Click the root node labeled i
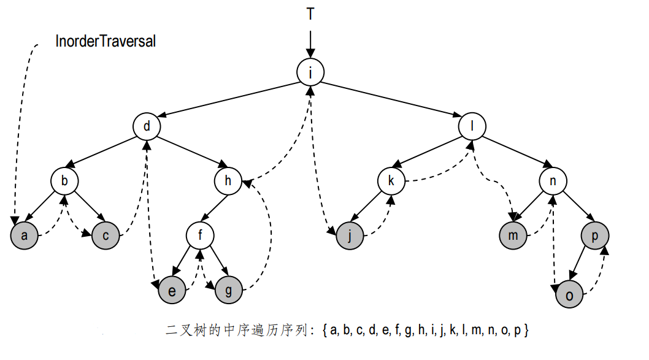click(x=310, y=72)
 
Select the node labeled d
click(x=147, y=127)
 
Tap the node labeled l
click(x=472, y=127)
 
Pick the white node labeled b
click(x=65, y=181)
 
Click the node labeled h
click(x=228, y=181)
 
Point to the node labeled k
click(x=391, y=181)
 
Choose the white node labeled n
click(x=553, y=181)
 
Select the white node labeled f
click(x=201, y=236)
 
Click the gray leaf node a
click(x=24, y=236)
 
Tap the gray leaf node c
click(x=106, y=236)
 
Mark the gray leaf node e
click(x=172, y=290)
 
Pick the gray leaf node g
click(x=229, y=290)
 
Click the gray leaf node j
click(x=350, y=236)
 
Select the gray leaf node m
click(x=513, y=236)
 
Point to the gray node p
click(x=594, y=236)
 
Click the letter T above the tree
click(x=311, y=13)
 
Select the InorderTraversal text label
click(x=106, y=42)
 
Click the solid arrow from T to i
click(x=311, y=43)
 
